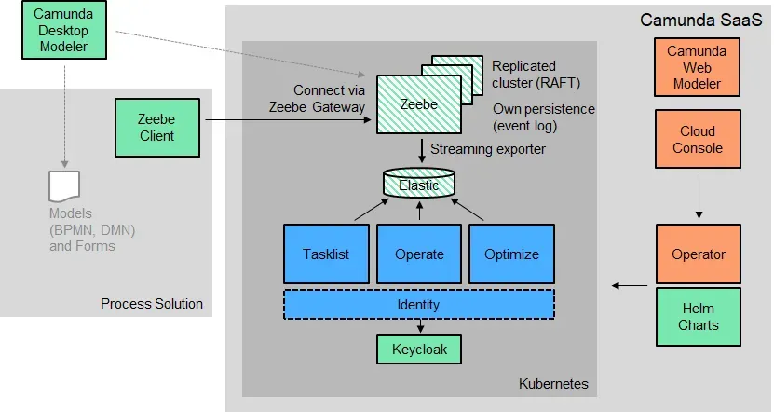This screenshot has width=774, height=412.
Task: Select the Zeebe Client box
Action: (156, 128)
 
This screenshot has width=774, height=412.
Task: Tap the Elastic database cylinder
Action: (419, 184)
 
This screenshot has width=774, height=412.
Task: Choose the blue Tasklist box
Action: (325, 254)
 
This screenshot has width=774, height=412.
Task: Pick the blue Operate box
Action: (419, 254)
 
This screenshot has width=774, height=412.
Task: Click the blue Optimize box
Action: (511, 254)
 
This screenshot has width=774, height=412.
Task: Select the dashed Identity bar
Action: (418, 305)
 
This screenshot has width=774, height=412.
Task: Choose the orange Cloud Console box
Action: (698, 141)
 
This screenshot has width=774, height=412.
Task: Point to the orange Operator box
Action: (698, 254)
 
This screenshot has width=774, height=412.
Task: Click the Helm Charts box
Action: (698, 316)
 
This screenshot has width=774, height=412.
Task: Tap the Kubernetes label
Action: (553, 383)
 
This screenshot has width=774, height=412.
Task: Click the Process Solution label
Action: (152, 304)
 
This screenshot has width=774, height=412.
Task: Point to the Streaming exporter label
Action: (488, 149)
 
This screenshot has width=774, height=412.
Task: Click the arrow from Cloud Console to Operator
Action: (698, 197)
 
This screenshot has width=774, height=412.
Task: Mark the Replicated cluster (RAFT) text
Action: (536, 74)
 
